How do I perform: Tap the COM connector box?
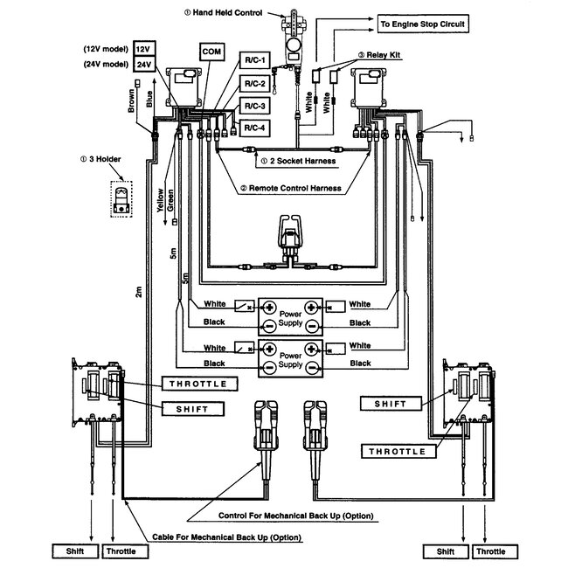tap(211, 52)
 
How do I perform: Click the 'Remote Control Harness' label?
tap(294, 187)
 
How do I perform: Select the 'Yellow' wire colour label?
tap(160, 202)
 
